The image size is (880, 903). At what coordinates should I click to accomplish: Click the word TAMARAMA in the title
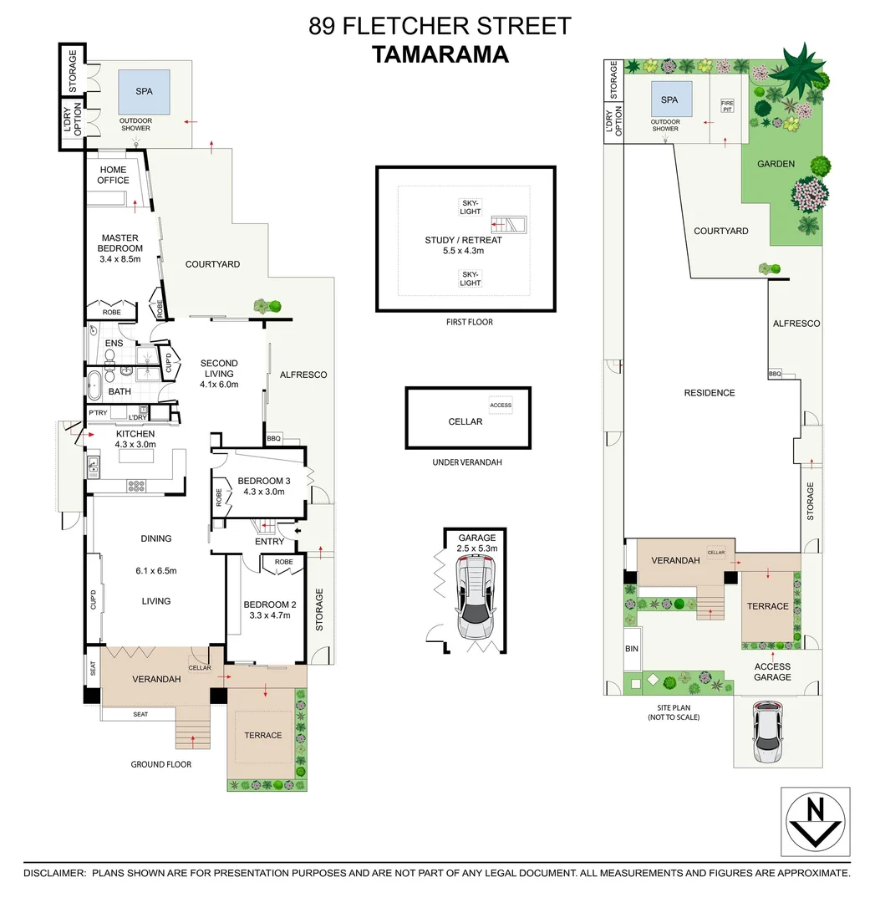tap(440, 54)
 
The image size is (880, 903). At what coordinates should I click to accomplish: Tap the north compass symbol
tap(815, 821)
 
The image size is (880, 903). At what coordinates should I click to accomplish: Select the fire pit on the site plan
tap(727, 106)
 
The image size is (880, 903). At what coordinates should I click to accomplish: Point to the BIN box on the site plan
tap(631, 648)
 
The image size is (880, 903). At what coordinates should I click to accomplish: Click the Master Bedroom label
tap(120, 243)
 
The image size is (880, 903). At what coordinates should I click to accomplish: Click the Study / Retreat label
tap(454, 245)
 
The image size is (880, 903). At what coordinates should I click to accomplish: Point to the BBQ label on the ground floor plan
tap(273, 438)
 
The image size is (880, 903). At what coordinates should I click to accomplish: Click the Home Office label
tap(113, 175)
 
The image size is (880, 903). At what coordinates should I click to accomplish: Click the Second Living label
tap(219, 374)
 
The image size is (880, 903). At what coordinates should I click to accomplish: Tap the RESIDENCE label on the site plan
tap(709, 393)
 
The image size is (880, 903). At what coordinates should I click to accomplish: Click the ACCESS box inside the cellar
tap(501, 406)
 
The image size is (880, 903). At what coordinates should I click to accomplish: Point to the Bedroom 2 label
tap(266, 610)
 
